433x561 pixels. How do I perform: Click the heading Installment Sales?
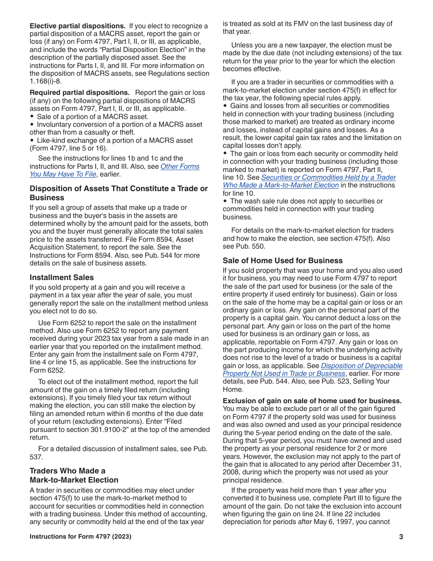[x=62, y=277]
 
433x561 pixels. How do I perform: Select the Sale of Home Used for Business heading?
[x=283, y=260]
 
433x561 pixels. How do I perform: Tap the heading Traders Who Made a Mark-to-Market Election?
[x=74, y=475]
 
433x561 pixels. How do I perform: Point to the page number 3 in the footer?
[x=401, y=537]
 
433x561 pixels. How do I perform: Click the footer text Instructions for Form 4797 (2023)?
[x=80, y=537]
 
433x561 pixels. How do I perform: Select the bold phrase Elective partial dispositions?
[x=77, y=26]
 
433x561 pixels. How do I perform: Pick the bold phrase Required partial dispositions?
[x=79, y=93]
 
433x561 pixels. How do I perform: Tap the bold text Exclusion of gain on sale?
[x=312, y=401]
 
